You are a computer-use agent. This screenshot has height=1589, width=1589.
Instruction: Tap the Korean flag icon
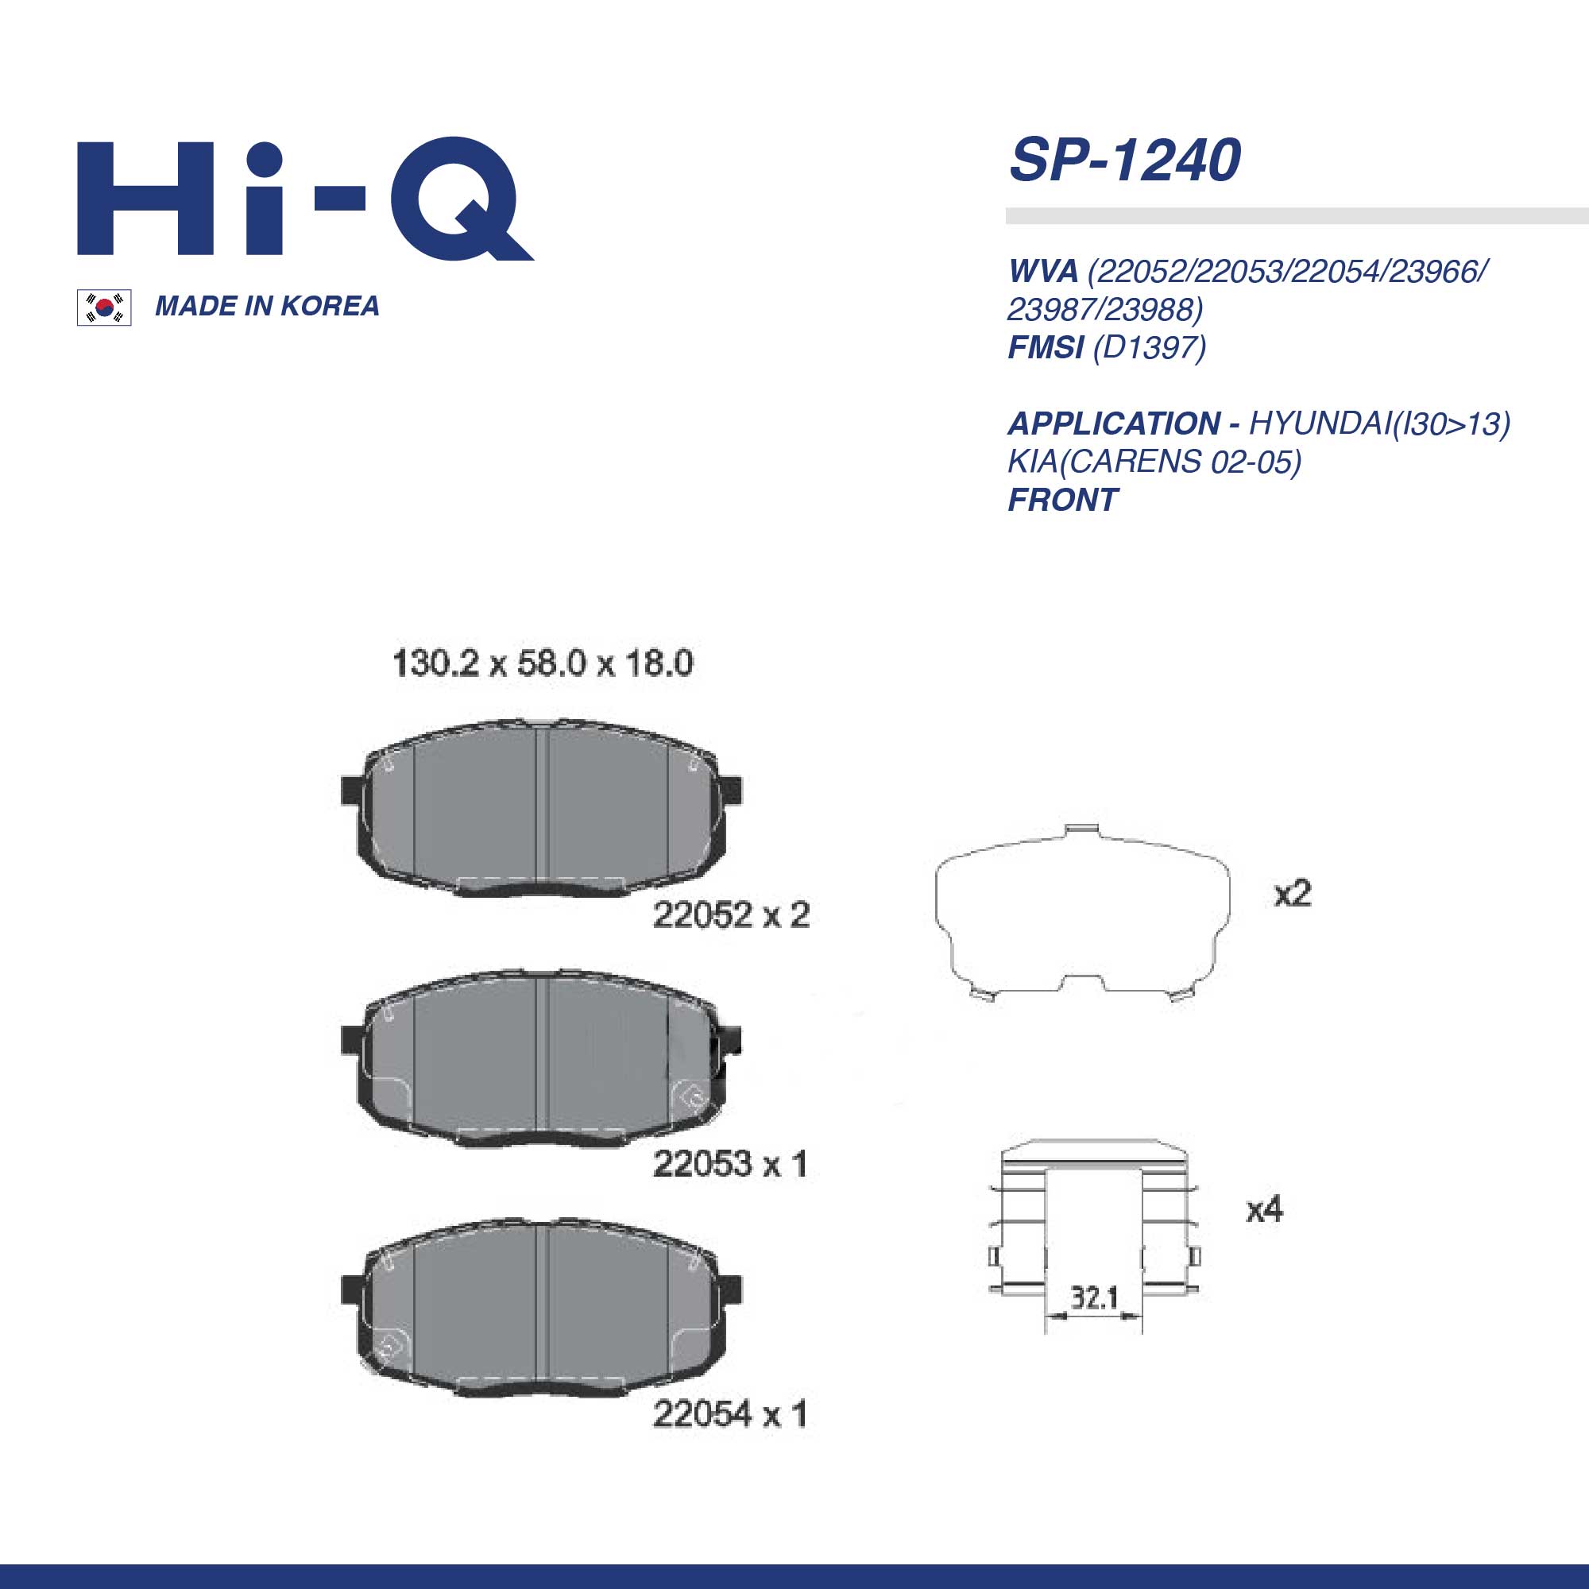tap(103, 307)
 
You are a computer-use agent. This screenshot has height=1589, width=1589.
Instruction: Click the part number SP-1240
tap(1124, 160)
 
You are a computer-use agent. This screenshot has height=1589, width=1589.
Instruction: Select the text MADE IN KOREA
tap(266, 306)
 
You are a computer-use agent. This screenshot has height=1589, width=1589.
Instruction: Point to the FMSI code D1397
tap(1149, 347)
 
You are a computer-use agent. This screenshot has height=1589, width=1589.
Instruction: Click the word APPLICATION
tap(1114, 423)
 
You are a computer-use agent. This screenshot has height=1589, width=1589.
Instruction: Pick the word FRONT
tap(1062, 500)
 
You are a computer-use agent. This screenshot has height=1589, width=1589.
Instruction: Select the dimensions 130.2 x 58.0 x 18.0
tap(542, 663)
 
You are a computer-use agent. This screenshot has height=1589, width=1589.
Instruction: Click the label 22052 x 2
tap(730, 914)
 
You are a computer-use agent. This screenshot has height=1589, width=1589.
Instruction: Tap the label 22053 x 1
tap(729, 1164)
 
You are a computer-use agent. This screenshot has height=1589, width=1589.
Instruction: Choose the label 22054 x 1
tap(729, 1414)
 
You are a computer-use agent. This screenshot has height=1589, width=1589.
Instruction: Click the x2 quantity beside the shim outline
tap(1292, 894)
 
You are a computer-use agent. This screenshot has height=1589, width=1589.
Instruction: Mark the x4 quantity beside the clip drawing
tap(1264, 1209)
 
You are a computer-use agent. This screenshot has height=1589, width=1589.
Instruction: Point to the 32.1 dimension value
tap(1094, 1298)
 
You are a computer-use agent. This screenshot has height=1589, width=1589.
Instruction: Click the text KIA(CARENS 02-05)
tap(1154, 462)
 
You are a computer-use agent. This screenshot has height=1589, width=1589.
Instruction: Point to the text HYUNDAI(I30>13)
tap(1378, 423)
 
